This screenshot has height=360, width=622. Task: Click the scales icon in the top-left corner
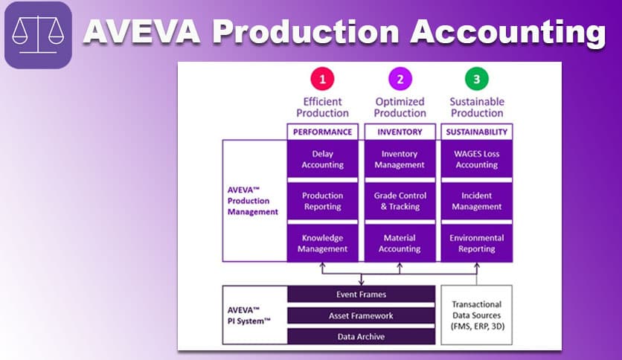38,36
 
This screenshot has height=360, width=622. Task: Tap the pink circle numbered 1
322,79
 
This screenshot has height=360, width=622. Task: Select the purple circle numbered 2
400,79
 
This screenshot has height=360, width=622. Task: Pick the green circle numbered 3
477,79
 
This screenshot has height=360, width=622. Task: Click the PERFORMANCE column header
322,132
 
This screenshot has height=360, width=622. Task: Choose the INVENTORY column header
400,132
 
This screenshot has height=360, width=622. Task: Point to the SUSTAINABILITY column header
477,132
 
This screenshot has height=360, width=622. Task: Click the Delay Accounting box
322,159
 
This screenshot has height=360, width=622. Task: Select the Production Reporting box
322,201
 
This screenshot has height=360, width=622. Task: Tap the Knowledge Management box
322,243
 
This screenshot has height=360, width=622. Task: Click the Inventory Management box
400,159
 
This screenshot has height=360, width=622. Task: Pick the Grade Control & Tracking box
400,201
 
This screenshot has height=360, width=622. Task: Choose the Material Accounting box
400,243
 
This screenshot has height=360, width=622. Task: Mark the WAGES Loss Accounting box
477,159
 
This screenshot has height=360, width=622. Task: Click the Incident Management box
477,201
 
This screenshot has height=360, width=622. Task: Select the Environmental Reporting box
477,243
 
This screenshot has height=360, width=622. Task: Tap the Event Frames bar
361,295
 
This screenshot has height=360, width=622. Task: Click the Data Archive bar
361,336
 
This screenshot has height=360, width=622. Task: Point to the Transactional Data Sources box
477,315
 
